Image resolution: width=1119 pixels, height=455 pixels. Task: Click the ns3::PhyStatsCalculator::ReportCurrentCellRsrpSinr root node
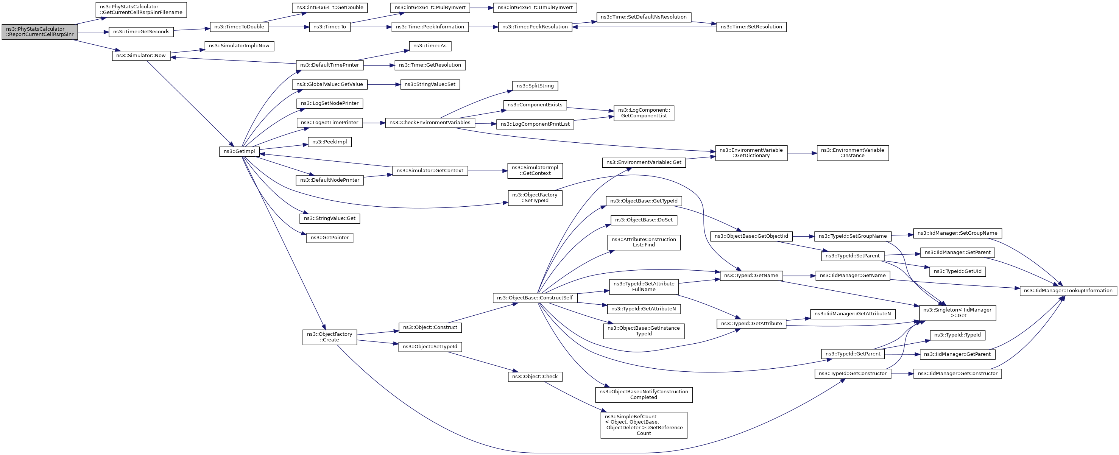pyautogui.click(x=39, y=32)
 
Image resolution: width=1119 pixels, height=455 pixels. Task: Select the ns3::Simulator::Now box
pyautogui.click(x=141, y=56)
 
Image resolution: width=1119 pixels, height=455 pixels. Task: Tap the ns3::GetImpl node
pyautogui.click(x=239, y=151)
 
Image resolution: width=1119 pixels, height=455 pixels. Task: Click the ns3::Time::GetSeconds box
pyautogui.click(x=141, y=32)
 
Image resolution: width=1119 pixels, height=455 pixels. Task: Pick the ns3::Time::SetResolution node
pyautogui.click(x=751, y=27)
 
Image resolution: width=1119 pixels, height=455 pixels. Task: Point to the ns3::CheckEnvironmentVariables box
pyautogui.click(x=430, y=123)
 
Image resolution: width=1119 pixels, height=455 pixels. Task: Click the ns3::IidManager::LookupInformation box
pyautogui.click(x=1068, y=291)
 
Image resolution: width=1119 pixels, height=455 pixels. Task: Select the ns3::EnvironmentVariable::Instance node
pyautogui.click(x=853, y=153)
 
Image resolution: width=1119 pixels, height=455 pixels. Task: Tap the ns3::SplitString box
pyautogui.click(x=535, y=86)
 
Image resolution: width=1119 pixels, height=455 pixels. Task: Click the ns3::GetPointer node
pyautogui.click(x=330, y=238)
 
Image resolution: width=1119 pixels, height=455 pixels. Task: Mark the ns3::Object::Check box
pyautogui.click(x=535, y=377)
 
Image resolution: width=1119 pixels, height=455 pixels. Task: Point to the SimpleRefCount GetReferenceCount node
pyautogui.click(x=644, y=425)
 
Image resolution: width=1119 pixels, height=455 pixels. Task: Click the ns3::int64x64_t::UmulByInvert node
pyautogui.click(x=535, y=8)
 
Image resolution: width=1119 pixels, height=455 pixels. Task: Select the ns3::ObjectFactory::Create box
pyautogui.click(x=330, y=337)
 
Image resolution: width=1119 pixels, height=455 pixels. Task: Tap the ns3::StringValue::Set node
pyautogui.click(x=430, y=84)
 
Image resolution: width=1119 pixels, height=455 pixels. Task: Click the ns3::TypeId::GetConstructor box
pyautogui.click(x=853, y=374)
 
